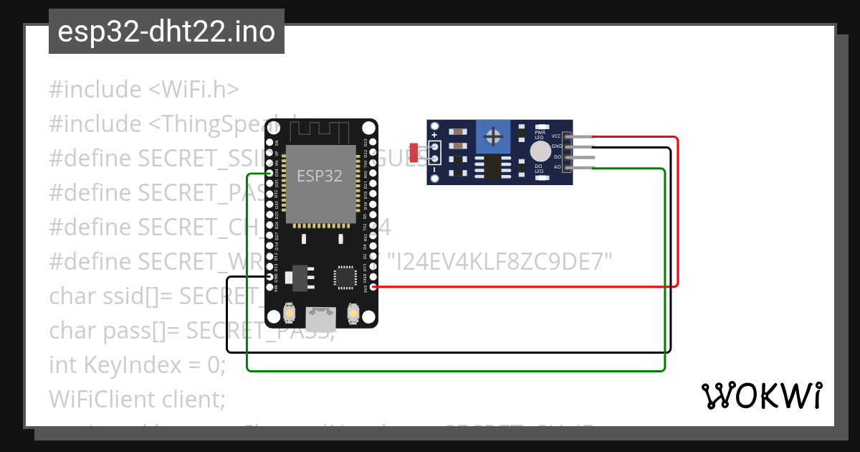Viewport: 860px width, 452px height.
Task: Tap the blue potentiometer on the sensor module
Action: (x=492, y=136)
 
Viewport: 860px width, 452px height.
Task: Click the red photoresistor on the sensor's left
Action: (x=414, y=152)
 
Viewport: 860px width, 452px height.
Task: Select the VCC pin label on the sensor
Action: (x=556, y=136)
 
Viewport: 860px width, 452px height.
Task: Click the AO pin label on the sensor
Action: (x=557, y=167)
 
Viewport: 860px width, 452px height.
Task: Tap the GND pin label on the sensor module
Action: (x=556, y=146)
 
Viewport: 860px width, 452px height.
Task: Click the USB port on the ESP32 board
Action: (x=320, y=318)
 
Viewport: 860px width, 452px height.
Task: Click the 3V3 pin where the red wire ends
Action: (x=374, y=286)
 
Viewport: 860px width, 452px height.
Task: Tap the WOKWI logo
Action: (x=762, y=395)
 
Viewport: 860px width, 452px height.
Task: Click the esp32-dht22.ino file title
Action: (x=166, y=32)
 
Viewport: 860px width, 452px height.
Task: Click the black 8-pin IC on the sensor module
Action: (x=492, y=166)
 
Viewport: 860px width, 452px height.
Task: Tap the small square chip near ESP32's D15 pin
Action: (x=345, y=278)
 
